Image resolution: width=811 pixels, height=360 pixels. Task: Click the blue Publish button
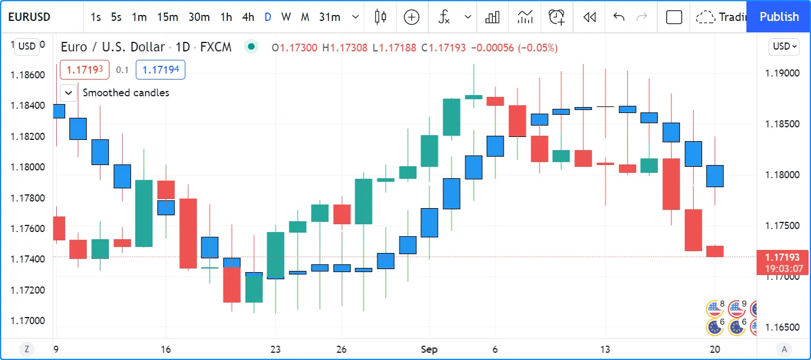click(x=779, y=17)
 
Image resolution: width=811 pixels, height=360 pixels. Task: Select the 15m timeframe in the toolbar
click(x=167, y=17)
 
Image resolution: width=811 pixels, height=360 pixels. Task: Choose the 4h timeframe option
click(x=248, y=17)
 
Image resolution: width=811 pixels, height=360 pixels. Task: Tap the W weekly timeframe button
click(x=286, y=17)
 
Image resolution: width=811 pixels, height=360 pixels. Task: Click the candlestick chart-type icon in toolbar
click(x=380, y=17)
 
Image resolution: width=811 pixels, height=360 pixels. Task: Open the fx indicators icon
click(x=444, y=17)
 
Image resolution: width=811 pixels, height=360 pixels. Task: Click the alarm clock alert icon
click(x=556, y=17)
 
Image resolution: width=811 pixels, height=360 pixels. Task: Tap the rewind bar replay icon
click(x=590, y=17)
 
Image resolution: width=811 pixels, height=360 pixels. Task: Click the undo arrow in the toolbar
click(x=619, y=17)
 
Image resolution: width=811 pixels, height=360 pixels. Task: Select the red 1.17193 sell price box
click(x=84, y=70)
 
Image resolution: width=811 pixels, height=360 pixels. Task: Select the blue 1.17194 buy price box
click(x=160, y=70)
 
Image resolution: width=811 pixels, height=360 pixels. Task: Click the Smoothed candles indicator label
click(x=126, y=93)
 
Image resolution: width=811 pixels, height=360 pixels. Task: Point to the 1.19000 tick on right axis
click(x=782, y=73)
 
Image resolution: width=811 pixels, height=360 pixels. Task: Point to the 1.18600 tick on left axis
click(x=28, y=75)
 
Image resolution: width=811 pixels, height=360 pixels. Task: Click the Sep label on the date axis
click(x=429, y=349)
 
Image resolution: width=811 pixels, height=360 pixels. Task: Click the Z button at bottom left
click(x=26, y=349)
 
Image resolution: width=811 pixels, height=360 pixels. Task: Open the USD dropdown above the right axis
click(x=785, y=46)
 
